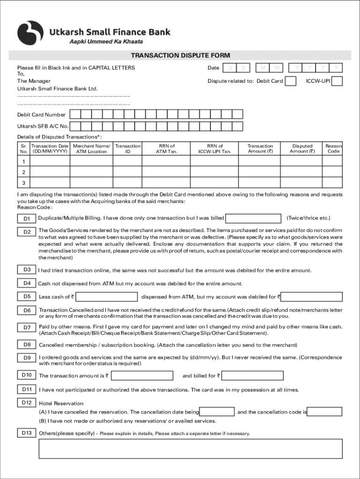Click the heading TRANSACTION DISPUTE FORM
[x=180, y=56]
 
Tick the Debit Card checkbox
[x=290, y=81]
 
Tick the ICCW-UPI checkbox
[x=337, y=81]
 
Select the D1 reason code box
[x=27, y=219]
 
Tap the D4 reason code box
[x=27, y=283]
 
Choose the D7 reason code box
[x=27, y=327]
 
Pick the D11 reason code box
[x=27, y=390]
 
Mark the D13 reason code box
[x=27, y=433]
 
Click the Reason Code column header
[x=333, y=149]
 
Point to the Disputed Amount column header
[x=302, y=149]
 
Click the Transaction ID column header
[x=128, y=149]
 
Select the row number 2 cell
[x=23, y=172]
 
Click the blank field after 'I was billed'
[x=253, y=218]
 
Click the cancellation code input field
[x=324, y=412]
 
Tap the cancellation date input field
[x=217, y=412]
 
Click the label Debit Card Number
[x=42, y=115]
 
